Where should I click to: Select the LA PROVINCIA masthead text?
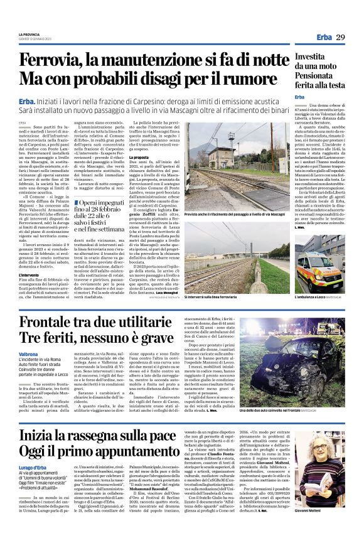pyautogui.click(x=29, y=35)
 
